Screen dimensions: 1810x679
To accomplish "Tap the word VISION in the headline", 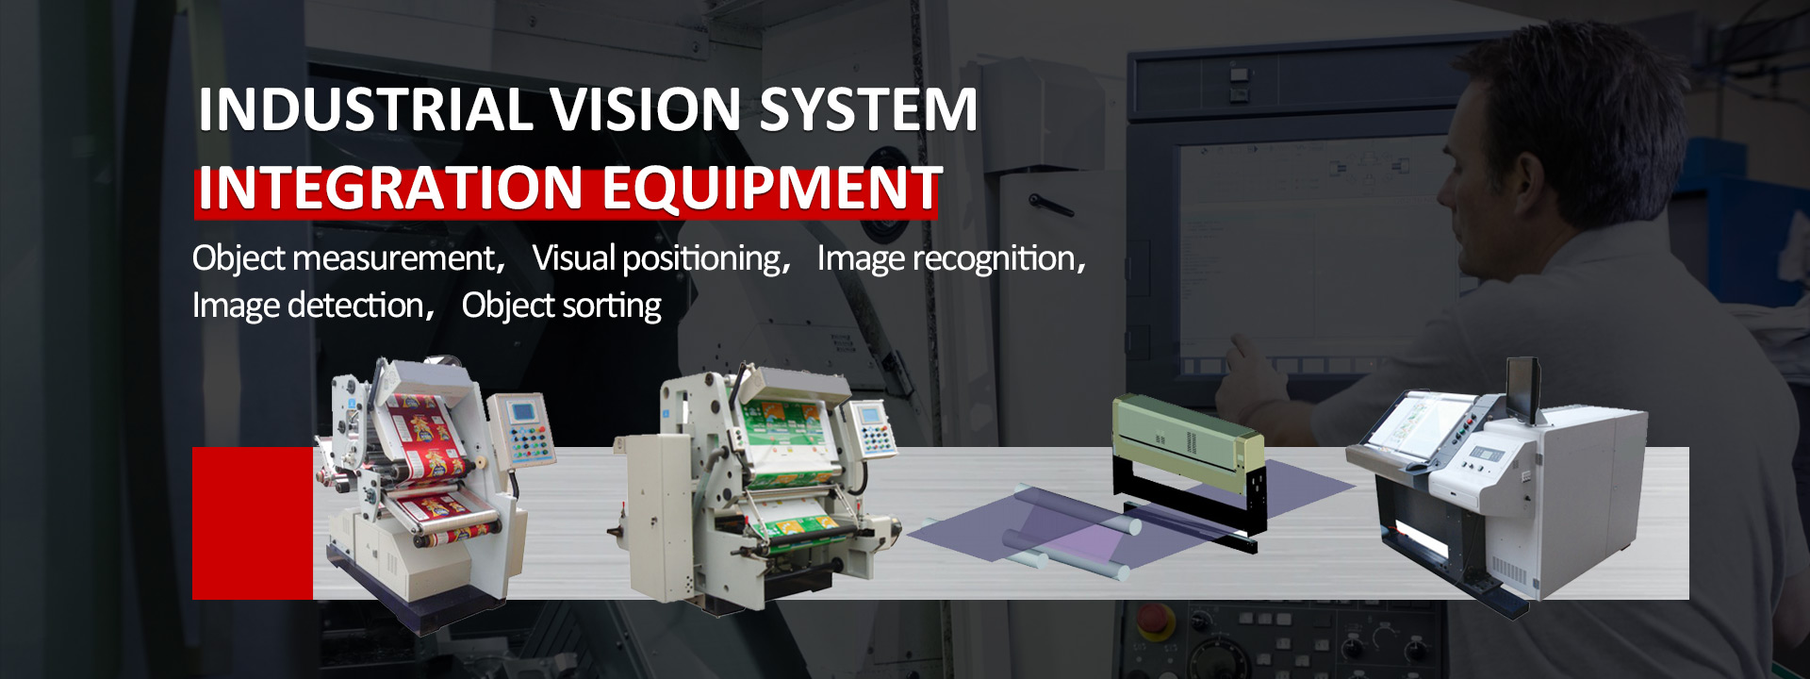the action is (646, 109).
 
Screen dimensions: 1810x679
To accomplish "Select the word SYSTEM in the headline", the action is (868, 109).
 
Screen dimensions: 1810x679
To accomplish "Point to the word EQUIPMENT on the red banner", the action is (772, 188).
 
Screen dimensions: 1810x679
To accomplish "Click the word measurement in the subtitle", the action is (393, 258).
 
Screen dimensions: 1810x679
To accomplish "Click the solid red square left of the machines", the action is (253, 523).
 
